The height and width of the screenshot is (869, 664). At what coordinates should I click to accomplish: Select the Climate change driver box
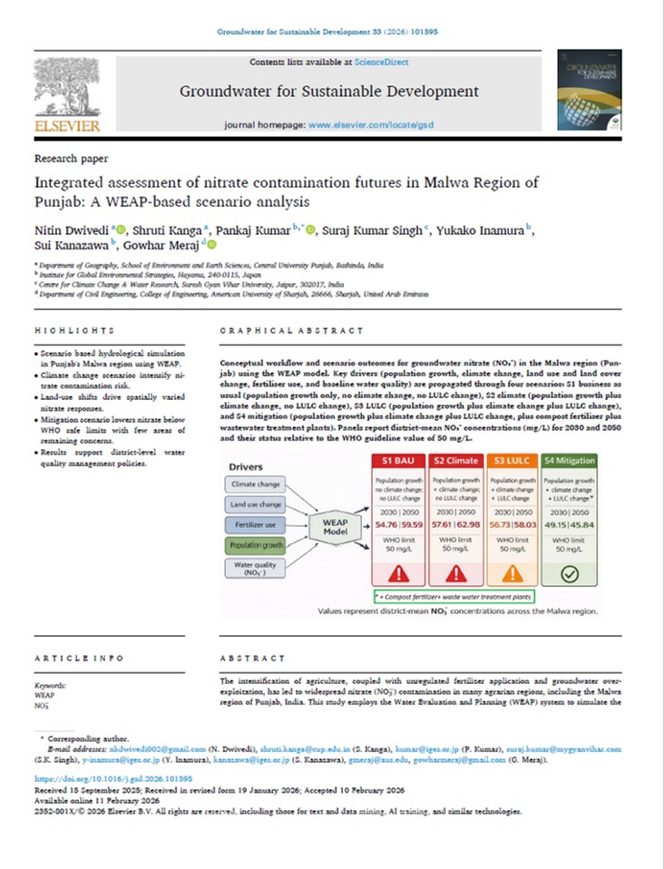tap(256, 484)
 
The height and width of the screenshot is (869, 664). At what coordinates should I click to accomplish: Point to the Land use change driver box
tap(256, 505)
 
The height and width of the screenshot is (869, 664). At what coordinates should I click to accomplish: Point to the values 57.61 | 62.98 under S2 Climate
tap(453, 523)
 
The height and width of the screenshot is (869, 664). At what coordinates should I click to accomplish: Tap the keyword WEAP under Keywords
tap(44, 695)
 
